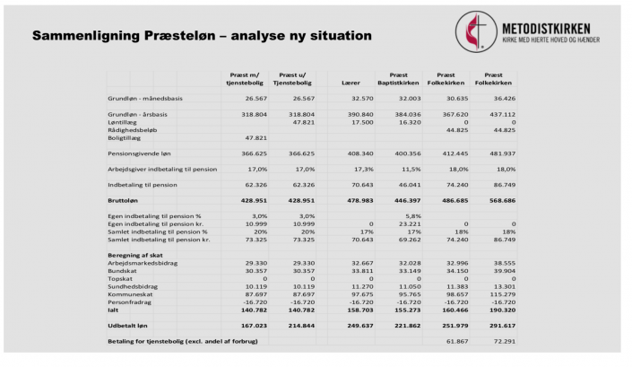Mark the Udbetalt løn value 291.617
[499, 325]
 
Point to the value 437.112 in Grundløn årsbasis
[499, 115]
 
